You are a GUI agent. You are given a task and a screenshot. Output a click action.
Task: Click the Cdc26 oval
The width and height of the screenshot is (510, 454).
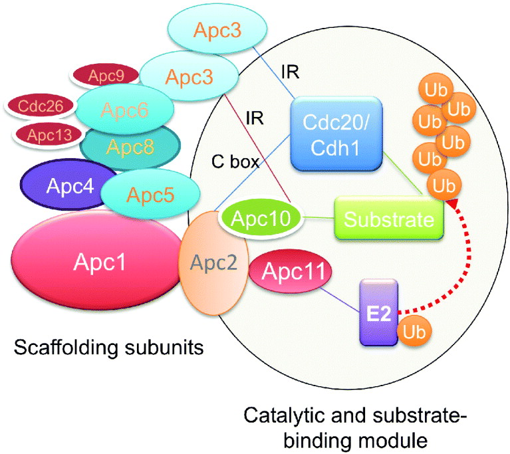41,106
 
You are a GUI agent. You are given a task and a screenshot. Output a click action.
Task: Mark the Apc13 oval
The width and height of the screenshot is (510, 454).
45,136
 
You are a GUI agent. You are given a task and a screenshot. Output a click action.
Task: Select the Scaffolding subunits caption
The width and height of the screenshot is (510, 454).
102,346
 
